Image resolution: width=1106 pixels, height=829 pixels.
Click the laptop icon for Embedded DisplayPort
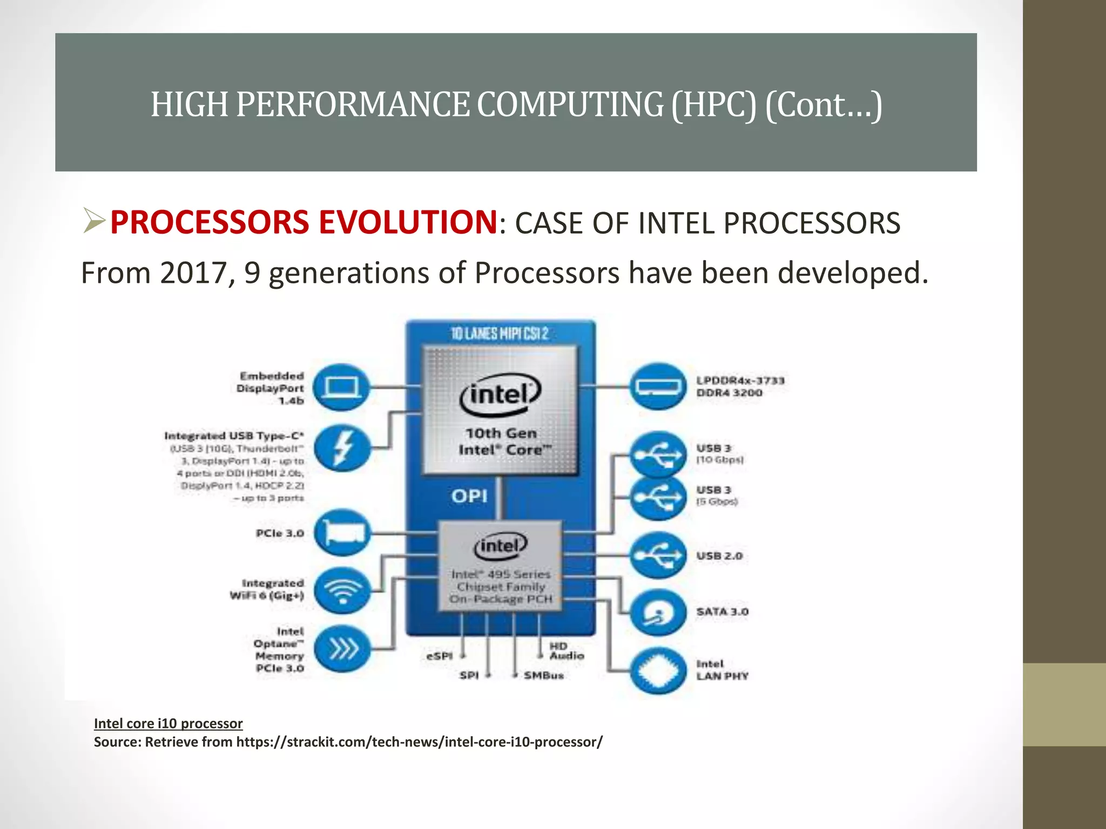tap(341, 387)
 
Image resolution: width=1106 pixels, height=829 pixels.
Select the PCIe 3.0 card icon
tap(342, 533)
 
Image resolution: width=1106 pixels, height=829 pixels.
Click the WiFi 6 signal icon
tap(342, 589)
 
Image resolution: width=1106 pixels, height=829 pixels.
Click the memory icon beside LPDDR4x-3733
tap(657, 386)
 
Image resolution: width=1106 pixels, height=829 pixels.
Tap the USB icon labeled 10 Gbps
tap(657, 454)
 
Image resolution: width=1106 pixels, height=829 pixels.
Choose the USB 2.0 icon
tap(657, 555)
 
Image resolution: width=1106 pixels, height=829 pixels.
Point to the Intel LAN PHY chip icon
tap(657, 671)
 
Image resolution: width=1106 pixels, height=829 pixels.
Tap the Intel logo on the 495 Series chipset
tap(500, 546)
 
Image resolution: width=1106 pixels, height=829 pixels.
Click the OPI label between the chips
tap(469, 496)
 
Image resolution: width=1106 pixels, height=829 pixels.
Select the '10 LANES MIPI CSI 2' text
tap(500, 334)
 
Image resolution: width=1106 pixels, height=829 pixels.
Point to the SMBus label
tap(543, 675)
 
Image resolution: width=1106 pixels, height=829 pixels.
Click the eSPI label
tap(439, 656)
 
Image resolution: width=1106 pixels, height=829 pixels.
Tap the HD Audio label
tap(567, 651)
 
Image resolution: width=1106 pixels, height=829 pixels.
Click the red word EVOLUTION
tap(408, 222)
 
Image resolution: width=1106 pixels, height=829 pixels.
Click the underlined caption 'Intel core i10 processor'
tap(168, 723)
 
